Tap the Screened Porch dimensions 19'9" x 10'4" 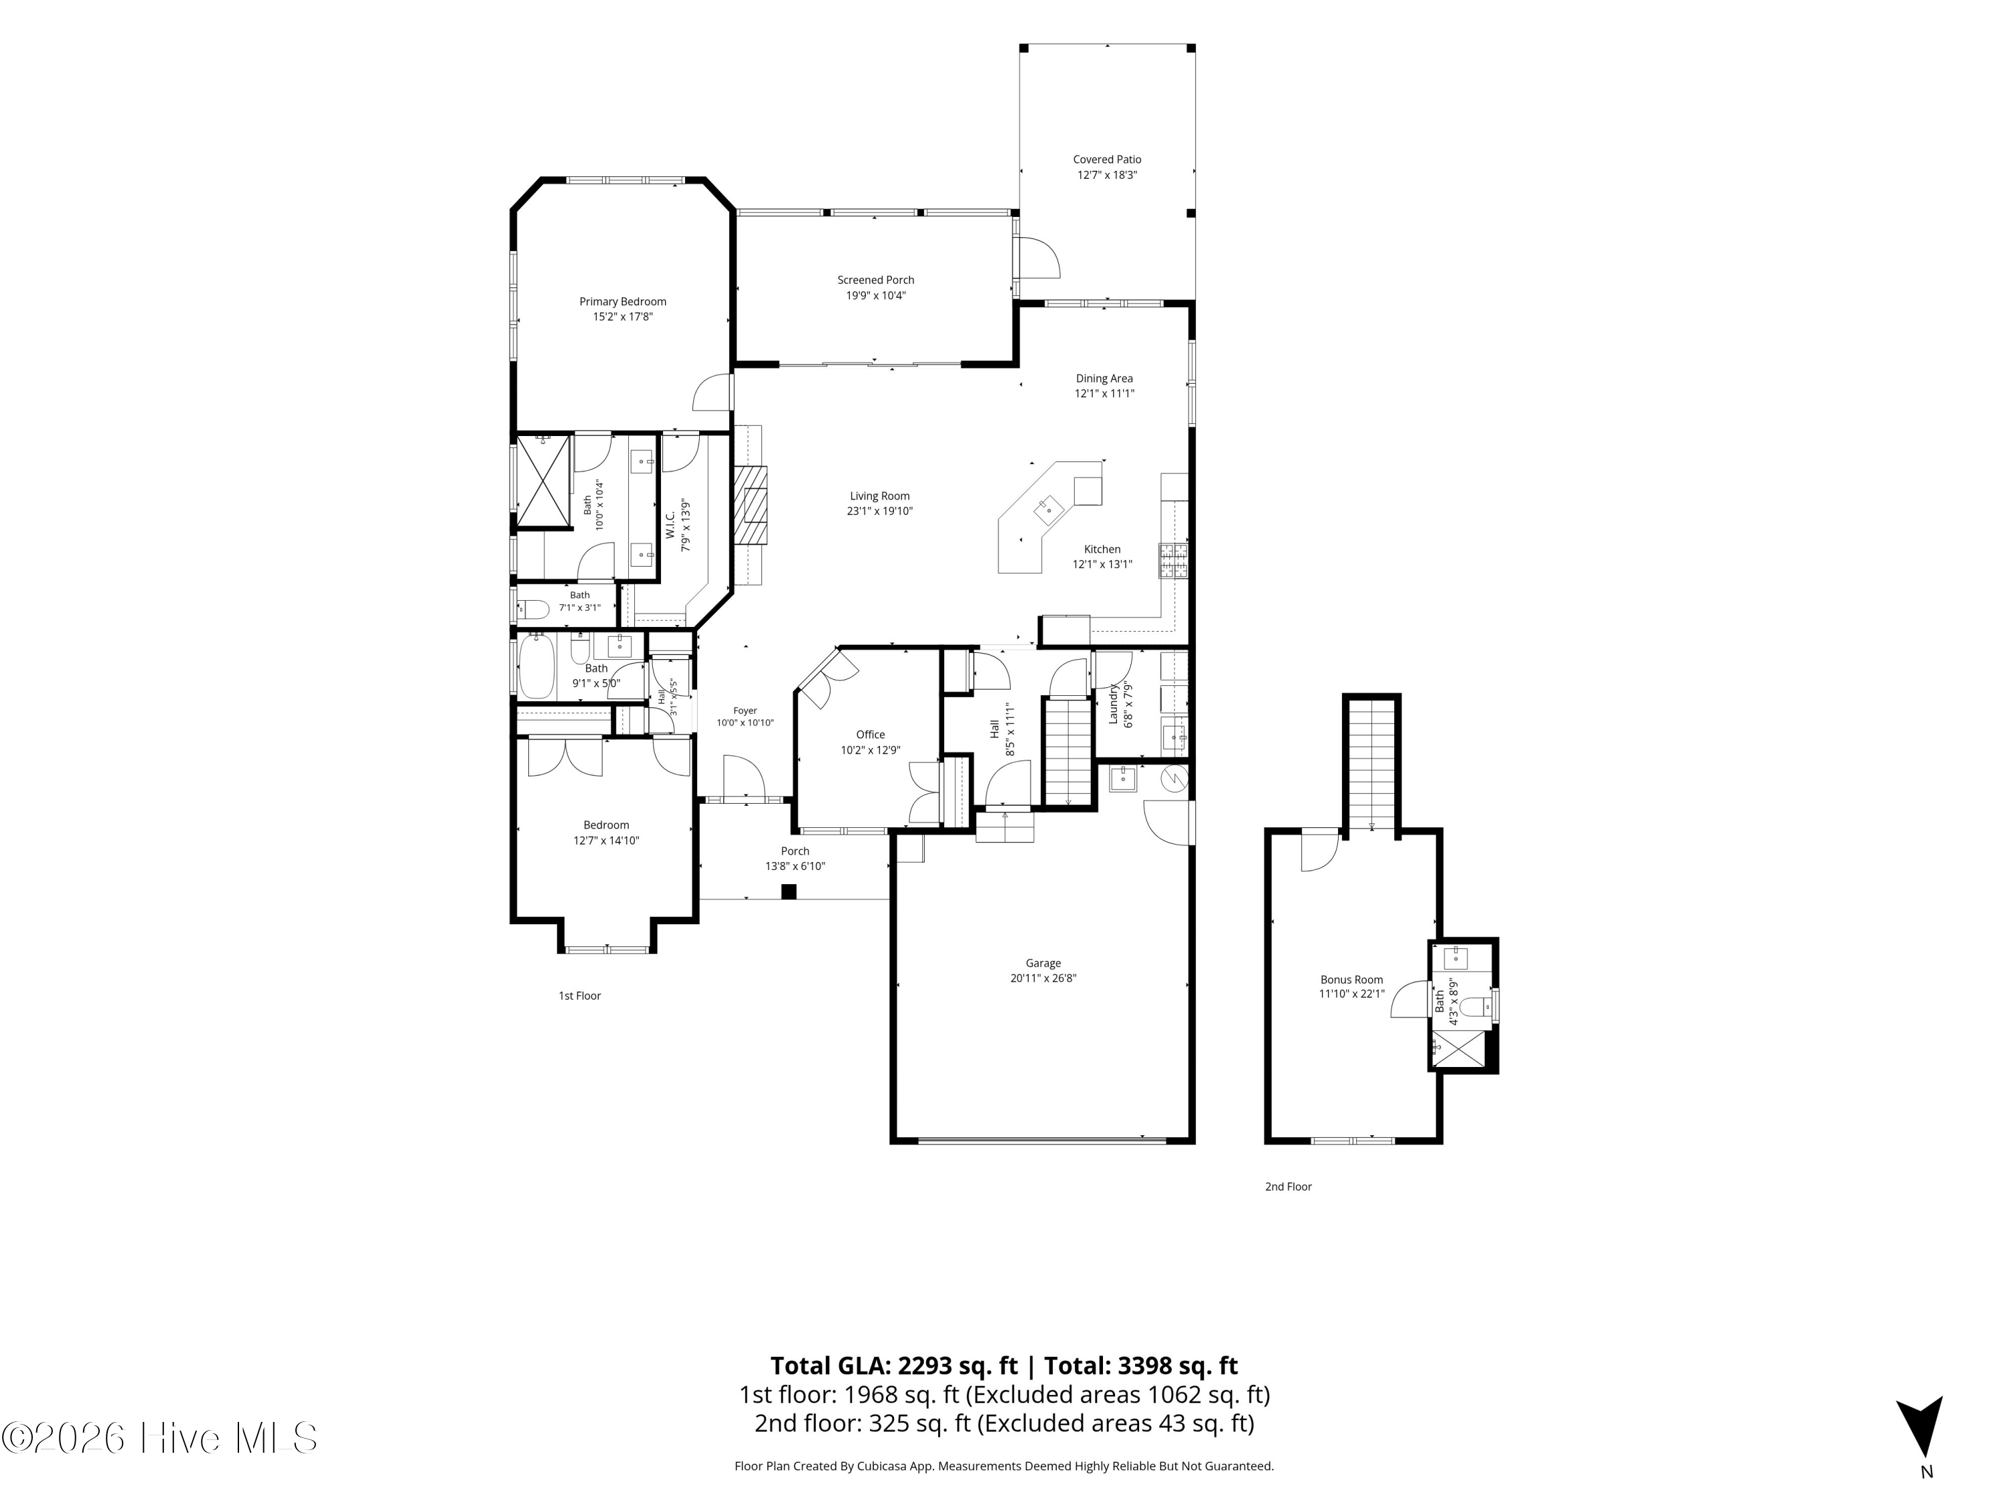click(875, 295)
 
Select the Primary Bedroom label click(623, 301)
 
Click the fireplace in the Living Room click(751, 505)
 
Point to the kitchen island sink click(1049, 510)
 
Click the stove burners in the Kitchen click(1173, 561)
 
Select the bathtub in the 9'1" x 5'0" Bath click(536, 666)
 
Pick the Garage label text click(1043, 963)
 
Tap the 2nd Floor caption click(1289, 1186)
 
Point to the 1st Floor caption click(579, 995)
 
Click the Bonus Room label click(1351, 979)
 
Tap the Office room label click(870, 735)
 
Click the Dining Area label click(1104, 379)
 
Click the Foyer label click(745, 711)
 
